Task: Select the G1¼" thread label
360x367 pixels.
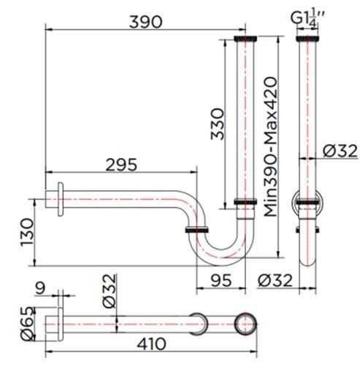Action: pos(305,16)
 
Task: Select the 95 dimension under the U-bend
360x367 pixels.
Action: pos(221,280)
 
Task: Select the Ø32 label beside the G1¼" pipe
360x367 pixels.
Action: pos(337,151)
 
